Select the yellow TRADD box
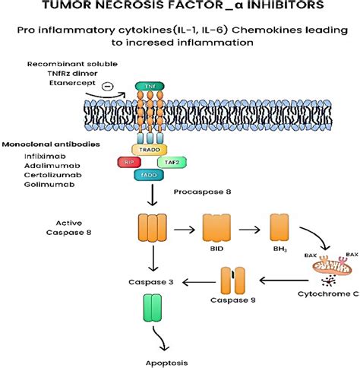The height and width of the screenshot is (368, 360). pos(148,150)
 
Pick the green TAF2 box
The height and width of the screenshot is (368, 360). pos(170,162)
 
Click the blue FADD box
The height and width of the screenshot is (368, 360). pos(148,174)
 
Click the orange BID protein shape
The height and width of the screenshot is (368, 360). pos(216,227)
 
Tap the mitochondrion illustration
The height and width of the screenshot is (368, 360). pos(320,267)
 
